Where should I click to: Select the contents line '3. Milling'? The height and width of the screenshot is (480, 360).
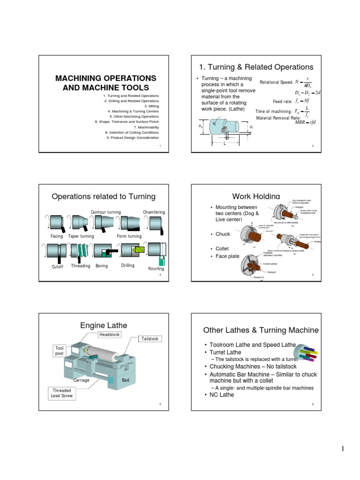(152, 106)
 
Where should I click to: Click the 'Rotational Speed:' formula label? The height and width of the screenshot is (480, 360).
(276, 82)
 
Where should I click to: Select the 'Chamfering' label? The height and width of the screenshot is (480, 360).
(154, 212)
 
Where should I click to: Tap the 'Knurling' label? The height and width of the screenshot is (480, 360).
(156, 269)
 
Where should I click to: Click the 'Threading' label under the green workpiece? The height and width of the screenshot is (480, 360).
(80, 266)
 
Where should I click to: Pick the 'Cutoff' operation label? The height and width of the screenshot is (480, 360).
(57, 266)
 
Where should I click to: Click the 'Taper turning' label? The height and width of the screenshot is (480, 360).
(81, 236)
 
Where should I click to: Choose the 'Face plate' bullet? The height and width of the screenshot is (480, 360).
(227, 256)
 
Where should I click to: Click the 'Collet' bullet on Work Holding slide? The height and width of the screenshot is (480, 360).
(222, 248)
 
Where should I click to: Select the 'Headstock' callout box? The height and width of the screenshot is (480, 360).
(109, 334)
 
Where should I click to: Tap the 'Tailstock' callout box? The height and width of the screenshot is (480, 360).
(150, 339)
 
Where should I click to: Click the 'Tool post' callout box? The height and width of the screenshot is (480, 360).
(60, 351)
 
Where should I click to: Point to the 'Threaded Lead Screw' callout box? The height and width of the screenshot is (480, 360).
(62, 393)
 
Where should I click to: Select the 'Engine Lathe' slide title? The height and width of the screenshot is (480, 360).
(104, 325)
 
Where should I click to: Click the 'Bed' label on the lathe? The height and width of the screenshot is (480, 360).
(126, 380)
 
